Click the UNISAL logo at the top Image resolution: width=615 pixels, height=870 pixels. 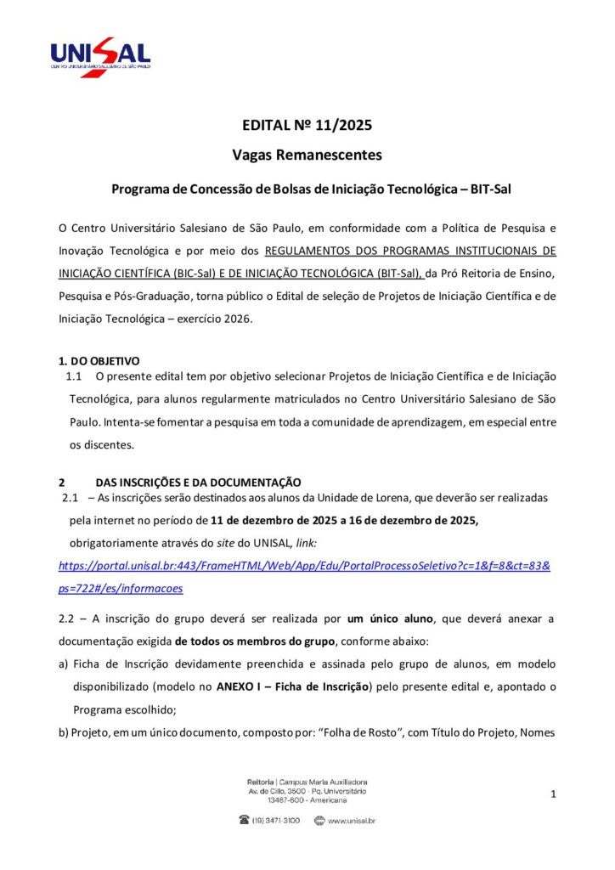click(100, 57)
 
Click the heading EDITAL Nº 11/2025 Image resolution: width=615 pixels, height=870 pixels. click(307, 126)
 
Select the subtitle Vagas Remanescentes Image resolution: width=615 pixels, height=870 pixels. click(307, 155)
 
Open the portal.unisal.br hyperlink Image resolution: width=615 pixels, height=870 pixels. click(304, 565)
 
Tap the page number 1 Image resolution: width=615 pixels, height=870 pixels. click(553, 794)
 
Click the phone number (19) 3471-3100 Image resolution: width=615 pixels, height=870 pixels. click(276, 821)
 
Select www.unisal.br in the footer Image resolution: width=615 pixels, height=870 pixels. click(352, 821)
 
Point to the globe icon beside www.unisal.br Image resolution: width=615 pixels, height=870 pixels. click(319, 821)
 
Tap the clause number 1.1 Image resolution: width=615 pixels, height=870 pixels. click(73, 375)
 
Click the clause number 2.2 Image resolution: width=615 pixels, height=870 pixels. click(68, 619)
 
